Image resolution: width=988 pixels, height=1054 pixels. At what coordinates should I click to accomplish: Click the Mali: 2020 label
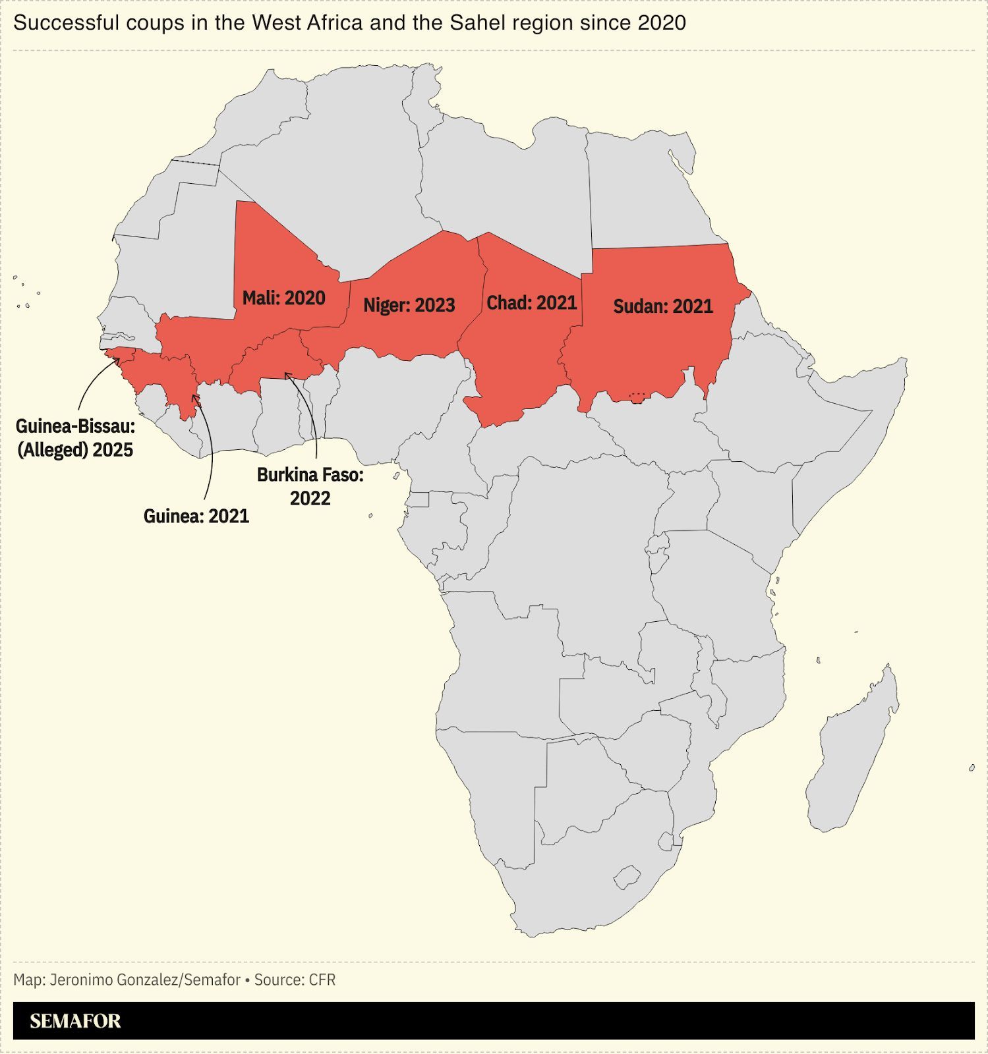pyautogui.click(x=283, y=298)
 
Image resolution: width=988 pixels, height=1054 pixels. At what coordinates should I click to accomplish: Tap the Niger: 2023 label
pyautogui.click(x=409, y=306)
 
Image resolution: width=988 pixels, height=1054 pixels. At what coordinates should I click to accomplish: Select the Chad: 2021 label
pyautogui.click(x=531, y=303)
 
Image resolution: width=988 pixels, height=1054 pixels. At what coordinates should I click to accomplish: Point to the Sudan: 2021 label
pyautogui.click(x=662, y=306)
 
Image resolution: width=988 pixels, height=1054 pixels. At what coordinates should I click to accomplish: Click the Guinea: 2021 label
pyautogui.click(x=196, y=516)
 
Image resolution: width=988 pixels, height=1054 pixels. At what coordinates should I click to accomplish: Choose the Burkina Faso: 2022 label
pyautogui.click(x=310, y=486)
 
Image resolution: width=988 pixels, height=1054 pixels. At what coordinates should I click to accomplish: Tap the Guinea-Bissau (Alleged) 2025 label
pyautogui.click(x=75, y=438)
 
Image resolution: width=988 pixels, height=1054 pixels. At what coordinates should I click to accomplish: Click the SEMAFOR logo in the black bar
pyautogui.click(x=75, y=1021)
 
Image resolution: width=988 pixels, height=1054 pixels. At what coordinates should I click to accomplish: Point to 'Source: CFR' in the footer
pyautogui.click(x=295, y=980)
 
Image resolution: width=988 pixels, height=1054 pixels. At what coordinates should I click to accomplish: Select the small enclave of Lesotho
pyautogui.click(x=627, y=877)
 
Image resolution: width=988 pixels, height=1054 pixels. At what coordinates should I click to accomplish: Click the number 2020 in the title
pyautogui.click(x=662, y=23)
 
